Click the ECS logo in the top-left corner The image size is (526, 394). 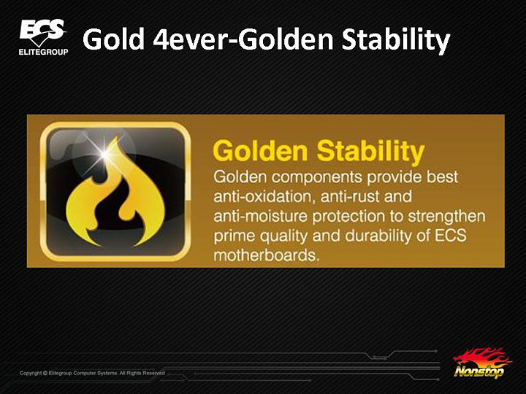[42, 33]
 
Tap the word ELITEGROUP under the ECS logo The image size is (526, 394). [43, 53]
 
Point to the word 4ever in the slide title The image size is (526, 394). [191, 40]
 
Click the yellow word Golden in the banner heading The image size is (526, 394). [261, 152]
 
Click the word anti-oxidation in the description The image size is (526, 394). [260, 197]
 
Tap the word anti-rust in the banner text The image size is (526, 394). [343, 197]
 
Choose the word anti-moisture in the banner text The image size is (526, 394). [257, 217]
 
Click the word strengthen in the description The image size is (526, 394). [446, 217]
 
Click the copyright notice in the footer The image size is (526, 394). [92, 373]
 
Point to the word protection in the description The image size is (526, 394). [343, 217]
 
